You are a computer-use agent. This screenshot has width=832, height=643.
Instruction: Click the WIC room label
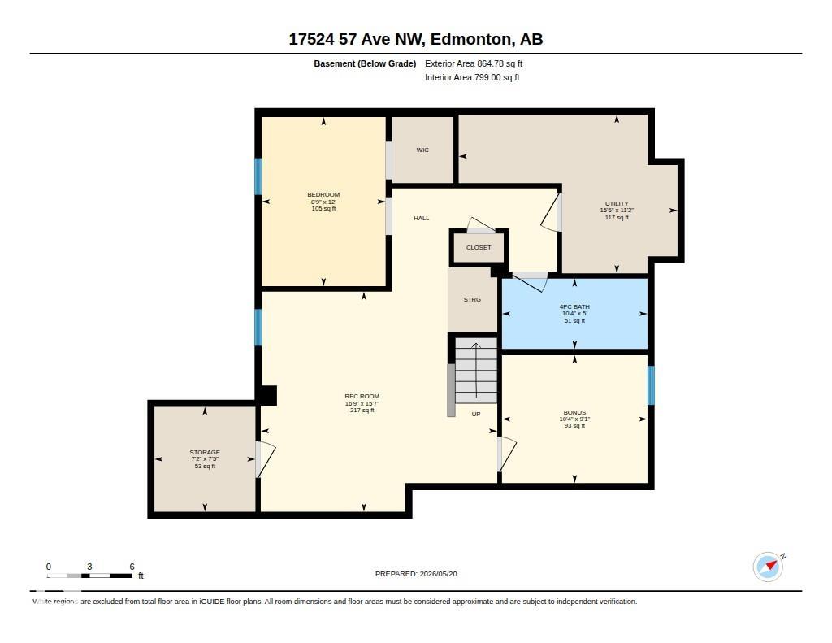422,150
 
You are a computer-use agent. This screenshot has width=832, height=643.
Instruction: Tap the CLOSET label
479,248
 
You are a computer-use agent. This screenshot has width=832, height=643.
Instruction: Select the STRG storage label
472,300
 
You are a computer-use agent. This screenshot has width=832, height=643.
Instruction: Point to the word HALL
422,218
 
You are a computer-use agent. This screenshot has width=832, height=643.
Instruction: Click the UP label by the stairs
476,414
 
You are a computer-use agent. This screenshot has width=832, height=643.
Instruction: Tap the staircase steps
476,371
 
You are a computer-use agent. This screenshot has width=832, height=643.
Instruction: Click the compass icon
768,567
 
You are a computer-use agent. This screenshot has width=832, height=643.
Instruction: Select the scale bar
89,576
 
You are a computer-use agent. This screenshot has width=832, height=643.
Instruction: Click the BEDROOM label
323,195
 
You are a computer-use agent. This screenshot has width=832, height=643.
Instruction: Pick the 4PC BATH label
574,307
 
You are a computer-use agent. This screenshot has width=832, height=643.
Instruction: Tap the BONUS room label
574,413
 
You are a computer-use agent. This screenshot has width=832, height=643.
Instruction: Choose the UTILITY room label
617,204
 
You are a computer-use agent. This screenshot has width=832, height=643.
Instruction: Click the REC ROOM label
362,397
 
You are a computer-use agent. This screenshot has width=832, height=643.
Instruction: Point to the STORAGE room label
205,453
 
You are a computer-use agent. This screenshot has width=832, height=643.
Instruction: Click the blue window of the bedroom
258,176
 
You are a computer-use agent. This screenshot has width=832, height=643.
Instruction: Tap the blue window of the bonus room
651,385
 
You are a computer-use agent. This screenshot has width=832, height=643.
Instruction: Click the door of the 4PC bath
531,282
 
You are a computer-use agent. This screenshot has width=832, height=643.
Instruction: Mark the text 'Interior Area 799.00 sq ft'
472,77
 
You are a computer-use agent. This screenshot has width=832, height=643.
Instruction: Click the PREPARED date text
416,574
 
